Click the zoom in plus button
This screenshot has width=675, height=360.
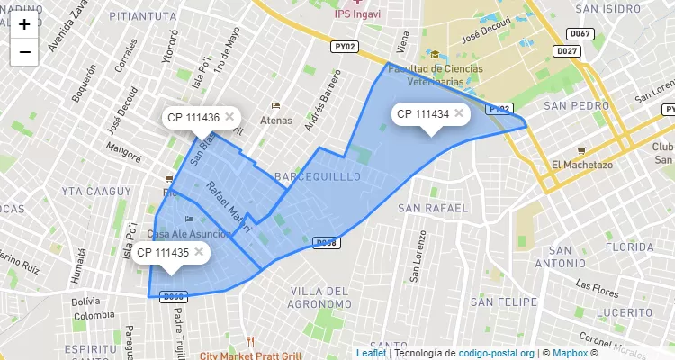tap(24, 24)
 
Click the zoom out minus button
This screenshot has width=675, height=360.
tap(24, 52)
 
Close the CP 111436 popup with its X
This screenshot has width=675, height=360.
tap(229, 117)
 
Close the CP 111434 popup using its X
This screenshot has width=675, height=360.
tap(459, 113)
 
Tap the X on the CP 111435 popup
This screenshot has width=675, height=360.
tap(199, 252)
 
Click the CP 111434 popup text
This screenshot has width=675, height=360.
tap(422, 114)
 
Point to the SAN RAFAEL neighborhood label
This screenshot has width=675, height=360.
tap(434, 208)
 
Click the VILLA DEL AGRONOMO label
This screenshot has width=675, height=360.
tap(319, 298)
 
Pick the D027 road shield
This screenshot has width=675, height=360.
tap(567, 51)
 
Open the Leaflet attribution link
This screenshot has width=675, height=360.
tap(371, 353)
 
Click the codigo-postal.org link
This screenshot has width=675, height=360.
tap(497, 353)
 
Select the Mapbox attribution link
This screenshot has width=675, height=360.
tap(569, 353)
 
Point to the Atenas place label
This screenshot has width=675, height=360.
tap(276, 120)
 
